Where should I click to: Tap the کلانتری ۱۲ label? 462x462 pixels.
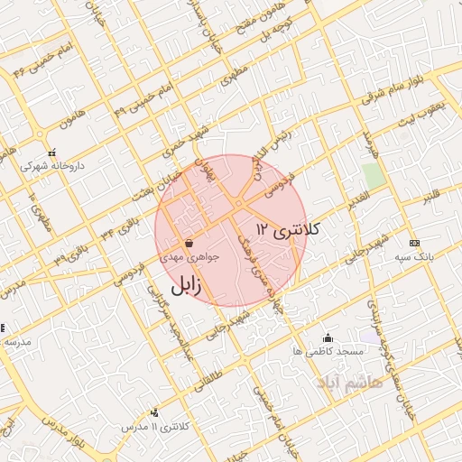(x=288, y=229)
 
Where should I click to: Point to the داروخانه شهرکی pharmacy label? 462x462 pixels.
(x=46, y=166)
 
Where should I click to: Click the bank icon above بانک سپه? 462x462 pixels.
(x=413, y=243)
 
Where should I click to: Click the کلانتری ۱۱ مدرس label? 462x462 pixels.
(x=146, y=424)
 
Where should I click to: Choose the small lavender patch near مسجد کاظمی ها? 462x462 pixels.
(x=367, y=336)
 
